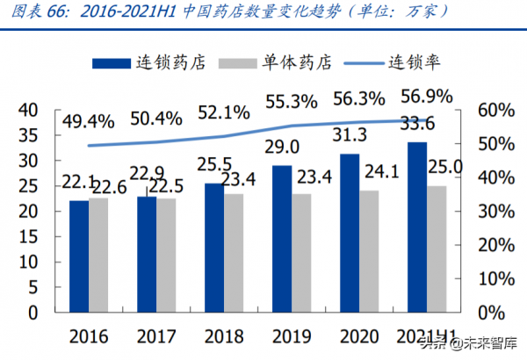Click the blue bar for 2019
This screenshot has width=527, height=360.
point(281,238)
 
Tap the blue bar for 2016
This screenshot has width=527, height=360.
point(79,256)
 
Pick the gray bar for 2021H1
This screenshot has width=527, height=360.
point(437,248)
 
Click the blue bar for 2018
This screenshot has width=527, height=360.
point(214,247)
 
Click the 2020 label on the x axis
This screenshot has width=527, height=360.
point(359,336)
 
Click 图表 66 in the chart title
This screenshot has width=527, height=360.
point(37,11)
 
